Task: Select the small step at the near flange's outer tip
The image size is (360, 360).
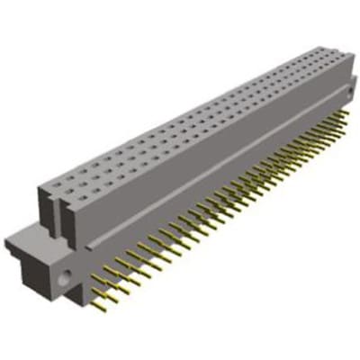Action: [11, 242]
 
